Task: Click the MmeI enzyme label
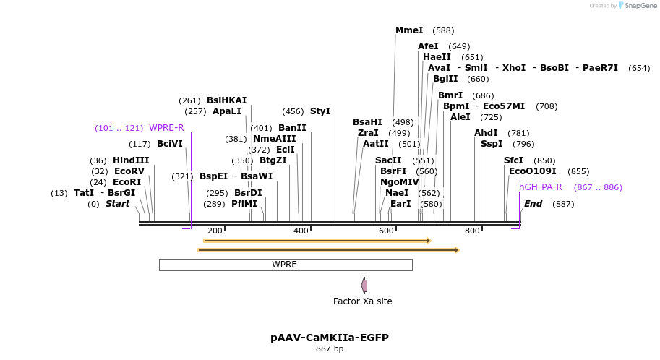409,30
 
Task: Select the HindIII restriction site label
131,160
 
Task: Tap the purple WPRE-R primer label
166,128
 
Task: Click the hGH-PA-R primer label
540,187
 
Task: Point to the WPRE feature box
285,265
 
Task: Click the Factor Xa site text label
362,301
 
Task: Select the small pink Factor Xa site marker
364,286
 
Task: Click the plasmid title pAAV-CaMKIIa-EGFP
330,338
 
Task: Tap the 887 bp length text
330,349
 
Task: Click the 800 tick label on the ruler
472,231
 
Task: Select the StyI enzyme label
320,111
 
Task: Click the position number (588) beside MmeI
443,30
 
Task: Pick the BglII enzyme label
445,79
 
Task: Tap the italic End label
533,204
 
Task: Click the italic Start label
117,204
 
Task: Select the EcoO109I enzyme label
533,171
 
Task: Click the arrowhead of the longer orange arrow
456,250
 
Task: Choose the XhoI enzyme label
514,68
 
